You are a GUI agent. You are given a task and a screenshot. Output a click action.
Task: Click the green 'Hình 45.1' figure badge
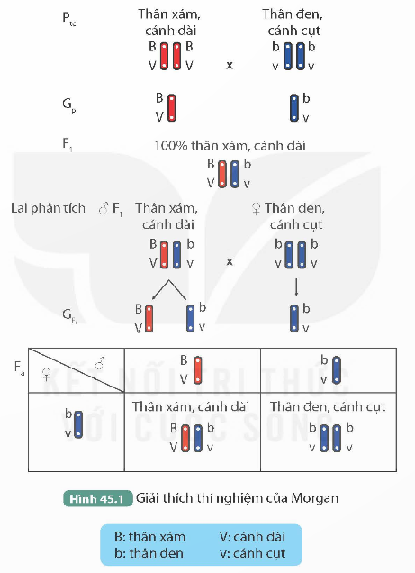click(x=97, y=499)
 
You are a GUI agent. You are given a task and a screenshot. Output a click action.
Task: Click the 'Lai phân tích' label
click(x=48, y=208)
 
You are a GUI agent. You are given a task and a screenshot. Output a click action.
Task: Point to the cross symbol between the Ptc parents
click(x=230, y=66)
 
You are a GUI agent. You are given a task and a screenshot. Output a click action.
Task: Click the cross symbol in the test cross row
click(x=230, y=261)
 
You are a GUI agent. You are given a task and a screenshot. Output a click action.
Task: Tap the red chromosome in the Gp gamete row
click(x=171, y=108)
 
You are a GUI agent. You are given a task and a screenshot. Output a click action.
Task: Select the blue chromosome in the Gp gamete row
click(x=293, y=108)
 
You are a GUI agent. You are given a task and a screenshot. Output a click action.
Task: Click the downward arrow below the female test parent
click(x=296, y=287)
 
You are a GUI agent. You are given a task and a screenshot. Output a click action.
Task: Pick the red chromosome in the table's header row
click(x=197, y=370)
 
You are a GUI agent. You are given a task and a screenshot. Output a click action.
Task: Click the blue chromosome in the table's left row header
click(x=78, y=424)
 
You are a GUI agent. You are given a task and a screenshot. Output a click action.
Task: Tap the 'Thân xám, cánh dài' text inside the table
click(x=191, y=406)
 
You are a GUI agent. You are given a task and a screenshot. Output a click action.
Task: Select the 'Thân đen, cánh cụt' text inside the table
click(x=328, y=406)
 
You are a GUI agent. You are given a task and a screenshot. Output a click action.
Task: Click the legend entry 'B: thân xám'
click(x=149, y=537)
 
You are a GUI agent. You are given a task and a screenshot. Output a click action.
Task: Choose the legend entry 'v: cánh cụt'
click(x=252, y=553)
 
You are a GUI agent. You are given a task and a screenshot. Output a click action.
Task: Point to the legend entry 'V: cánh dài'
click(x=252, y=537)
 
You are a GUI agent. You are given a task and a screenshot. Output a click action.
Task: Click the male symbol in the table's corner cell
click(x=100, y=364)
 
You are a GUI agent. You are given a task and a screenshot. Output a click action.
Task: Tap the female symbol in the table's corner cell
click(x=46, y=375)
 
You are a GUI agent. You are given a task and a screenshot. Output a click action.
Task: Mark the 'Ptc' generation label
click(x=69, y=19)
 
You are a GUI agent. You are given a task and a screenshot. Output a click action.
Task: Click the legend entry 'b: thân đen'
click(x=149, y=553)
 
